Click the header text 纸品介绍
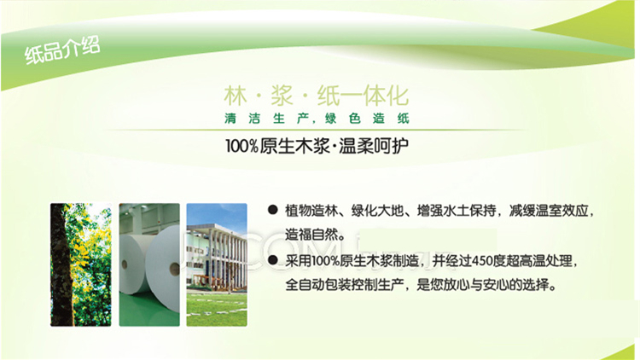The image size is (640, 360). (x=62, y=50)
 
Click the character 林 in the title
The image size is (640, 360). (x=236, y=96)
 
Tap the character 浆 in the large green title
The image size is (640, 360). (x=282, y=96)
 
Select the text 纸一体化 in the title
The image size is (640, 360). (x=364, y=96)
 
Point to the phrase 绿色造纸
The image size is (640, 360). (x=367, y=119)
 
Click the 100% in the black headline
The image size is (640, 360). (x=241, y=146)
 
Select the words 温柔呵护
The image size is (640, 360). (x=374, y=146)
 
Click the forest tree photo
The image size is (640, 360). (x=81, y=264)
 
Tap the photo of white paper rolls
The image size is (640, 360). (x=149, y=264)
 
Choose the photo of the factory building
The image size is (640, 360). (x=217, y=264)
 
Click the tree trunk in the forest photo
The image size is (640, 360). (x=61, y=264)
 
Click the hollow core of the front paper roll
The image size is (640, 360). (x=175, y=269)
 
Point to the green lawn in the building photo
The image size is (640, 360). (x=217, y=309)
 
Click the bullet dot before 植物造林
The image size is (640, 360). (x=273, y=210)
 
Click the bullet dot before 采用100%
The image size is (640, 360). (x=273, y=260)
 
